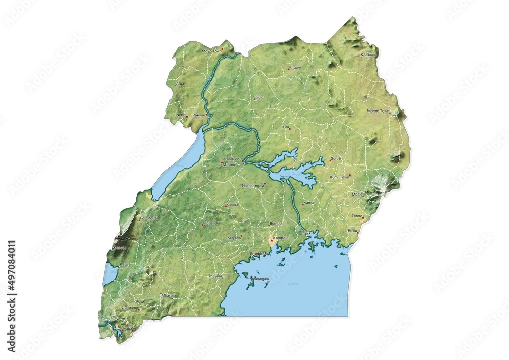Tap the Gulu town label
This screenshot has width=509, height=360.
point(260,96)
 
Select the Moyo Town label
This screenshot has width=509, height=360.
point(212,51)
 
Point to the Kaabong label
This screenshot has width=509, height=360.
point(368,54)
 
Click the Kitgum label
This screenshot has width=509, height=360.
point(295,67)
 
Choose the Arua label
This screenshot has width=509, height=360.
point(180,83)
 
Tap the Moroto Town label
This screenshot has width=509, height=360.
point(378,110)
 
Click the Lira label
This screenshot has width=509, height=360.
point(286,126)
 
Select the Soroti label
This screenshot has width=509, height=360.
point(336,159)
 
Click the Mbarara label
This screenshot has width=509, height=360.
point(168,295)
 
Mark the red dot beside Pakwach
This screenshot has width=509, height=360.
point(208,116)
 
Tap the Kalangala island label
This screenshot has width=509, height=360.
point(260,279)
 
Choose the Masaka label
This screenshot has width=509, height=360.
point(215,276)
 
